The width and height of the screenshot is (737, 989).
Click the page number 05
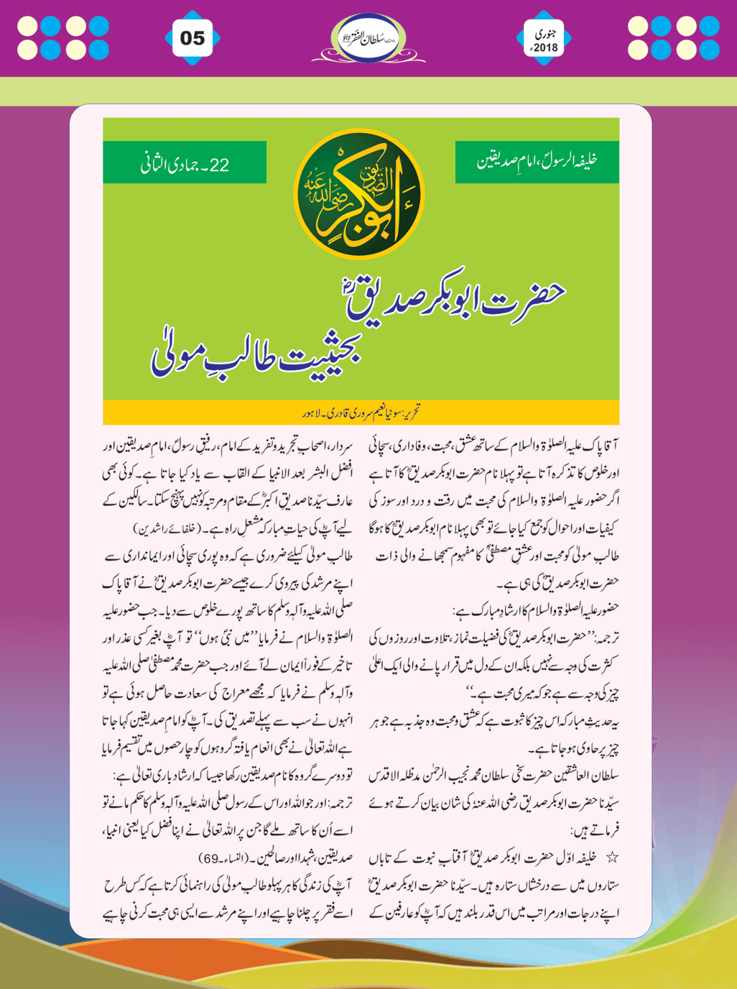(x=193, y=38)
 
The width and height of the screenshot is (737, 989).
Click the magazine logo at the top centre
(x=368, y=38)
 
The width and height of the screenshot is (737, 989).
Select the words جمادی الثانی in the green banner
(x=171, y=165)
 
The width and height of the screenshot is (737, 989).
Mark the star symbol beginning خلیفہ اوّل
(x=613, y=857)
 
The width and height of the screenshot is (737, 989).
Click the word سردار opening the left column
(x=339, y=446)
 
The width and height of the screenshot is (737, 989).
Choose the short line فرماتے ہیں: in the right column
(x=595, y=831)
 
